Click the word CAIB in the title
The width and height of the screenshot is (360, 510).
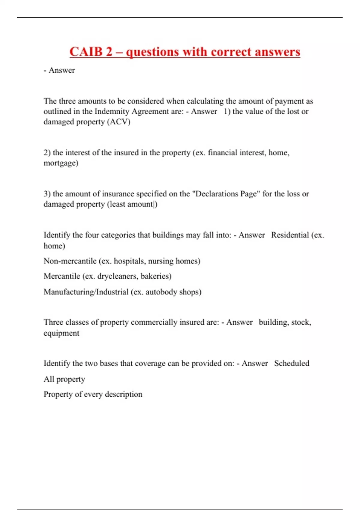[x=86, y=52]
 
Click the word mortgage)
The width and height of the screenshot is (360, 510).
[x=61, y=163]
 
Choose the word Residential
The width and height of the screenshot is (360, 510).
[x=290, y=235]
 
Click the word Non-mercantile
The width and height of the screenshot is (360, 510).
[x=70, y=261]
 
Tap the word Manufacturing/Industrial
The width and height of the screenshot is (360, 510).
[x=86, y=292]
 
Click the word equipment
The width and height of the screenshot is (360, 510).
[x=61, y=333]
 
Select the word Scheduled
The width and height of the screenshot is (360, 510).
[x=292, y=363]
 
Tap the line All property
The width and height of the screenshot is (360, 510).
[x=64, y=379]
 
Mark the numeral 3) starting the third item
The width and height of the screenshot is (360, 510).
[x=47, y=194]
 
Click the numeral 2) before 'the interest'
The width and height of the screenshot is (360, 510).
[x=47, y=153]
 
